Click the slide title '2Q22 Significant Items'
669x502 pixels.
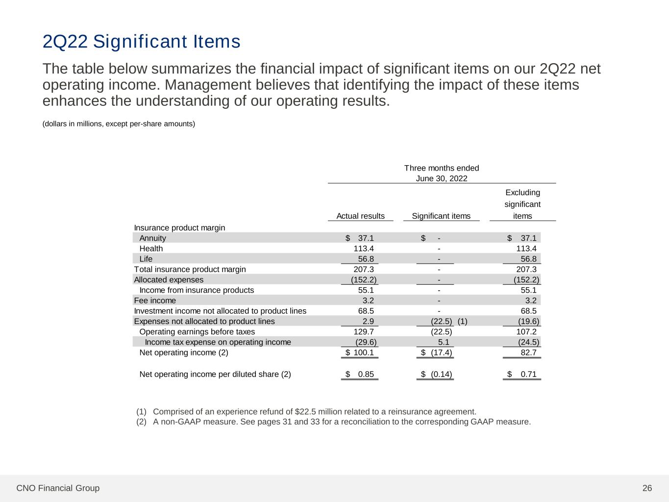(141, 42)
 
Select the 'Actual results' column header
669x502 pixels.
(360, 216)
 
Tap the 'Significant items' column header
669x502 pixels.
(441, 216)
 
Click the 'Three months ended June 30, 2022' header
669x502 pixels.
(442, 173)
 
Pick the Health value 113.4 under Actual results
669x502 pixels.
(364, 249)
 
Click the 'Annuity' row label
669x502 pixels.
(152, 238)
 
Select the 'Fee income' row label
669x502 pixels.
(155, 301)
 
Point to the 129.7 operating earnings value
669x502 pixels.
(364, 332)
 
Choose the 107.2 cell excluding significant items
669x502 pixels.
(526, 332)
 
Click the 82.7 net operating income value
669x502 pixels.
(528, 352)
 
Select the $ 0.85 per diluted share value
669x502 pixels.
(360, 375)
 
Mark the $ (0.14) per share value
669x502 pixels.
(437, 375)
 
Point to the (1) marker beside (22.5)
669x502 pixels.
(462, 322)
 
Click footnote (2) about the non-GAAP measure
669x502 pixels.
(333, 422)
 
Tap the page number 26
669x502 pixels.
(647, 488)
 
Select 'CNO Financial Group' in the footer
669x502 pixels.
(58, 488)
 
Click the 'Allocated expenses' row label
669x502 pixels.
(169, 280)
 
